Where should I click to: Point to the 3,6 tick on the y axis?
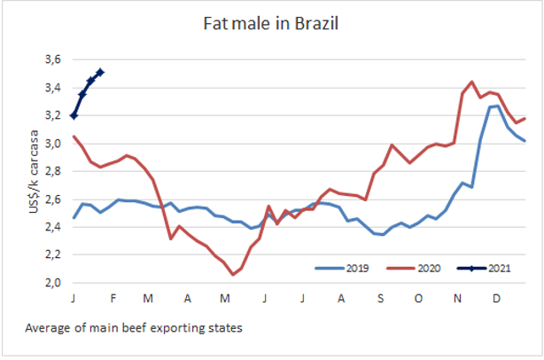pyautogui.click(x=52, y=59)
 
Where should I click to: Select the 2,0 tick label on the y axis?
pyautogui.click(x=52, y=283)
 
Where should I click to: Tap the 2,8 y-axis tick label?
pyautogui.click(x=52, y=171)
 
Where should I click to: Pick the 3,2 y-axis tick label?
pyautogui.click(x=52, y=115)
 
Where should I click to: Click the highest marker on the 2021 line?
pyautogui.click(x=100, y=72)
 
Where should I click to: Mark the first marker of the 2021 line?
pyautogui.click(x=74, y=115)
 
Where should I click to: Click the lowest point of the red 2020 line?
pyautogui.click(x=233, y=275)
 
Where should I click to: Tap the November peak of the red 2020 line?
pyautogui.click(x=471, y=82)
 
